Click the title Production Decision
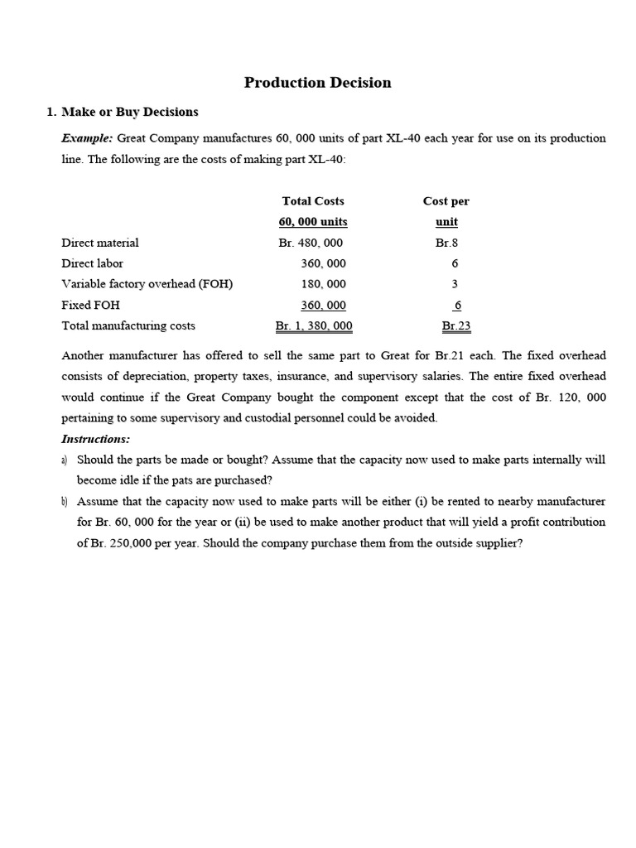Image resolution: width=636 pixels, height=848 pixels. coord(317,83)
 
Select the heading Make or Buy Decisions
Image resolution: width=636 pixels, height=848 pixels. coord(130,112)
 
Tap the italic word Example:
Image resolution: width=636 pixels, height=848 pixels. coord(87,138)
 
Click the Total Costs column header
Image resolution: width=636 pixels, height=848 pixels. coord(313,201)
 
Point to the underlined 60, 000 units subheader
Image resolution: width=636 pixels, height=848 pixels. coord(313,222)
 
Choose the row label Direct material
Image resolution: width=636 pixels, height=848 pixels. coord(100,243)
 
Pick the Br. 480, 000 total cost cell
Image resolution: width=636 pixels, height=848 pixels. coord(311,243)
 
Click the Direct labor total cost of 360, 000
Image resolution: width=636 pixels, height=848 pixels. coord(323,263)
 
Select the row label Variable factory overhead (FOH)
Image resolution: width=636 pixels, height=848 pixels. coord(147,284)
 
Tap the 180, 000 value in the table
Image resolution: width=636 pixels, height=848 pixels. coord(323,284)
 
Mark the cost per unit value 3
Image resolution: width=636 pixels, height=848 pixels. coord(455,284)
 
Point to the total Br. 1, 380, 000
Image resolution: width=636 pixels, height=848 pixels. coord(314,326)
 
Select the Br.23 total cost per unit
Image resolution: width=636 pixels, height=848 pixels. coord(456,326)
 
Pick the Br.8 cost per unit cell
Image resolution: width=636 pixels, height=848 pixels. coord(446,243)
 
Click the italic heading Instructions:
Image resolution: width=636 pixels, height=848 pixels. coord(96,439)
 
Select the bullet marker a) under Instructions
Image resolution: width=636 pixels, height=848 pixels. coord(65,460)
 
